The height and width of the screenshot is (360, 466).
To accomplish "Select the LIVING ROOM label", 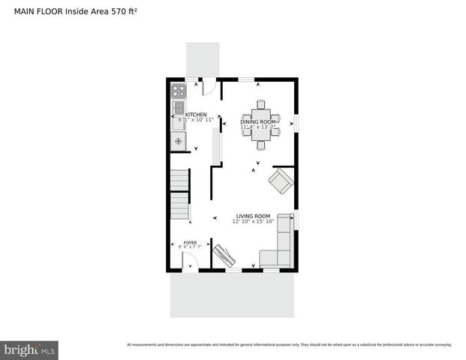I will pyautogui.click(x=252, y=216).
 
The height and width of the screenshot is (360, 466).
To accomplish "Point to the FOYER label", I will pyautogui.click(x=191, y=243).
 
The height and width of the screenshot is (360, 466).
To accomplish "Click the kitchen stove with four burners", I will pyautogui.click(x=179, y=91).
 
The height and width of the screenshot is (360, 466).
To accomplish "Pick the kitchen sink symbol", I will pyautogui.click(x=179, y=110).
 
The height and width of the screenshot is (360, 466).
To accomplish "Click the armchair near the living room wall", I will pyautogui.click(x=281, y=181).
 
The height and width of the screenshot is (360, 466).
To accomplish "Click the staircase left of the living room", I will pyautogui.click(x=179, y=195).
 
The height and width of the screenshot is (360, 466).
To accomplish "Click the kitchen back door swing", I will pyautogui.click(x=209, y=87).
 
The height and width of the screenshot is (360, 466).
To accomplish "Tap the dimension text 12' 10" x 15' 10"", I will pyautogui.click(x=252, y=221).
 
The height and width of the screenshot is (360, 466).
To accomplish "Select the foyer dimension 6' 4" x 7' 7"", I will pyautogui.click(x=191, y=247).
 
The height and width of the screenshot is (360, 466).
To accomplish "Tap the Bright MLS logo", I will pyautogui.click(x=29, y=349).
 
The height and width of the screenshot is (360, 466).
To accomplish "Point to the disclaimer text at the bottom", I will pyautogui.click(x=289, y=345).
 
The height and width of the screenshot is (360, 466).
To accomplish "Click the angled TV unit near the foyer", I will pyautogui.click(x=224, y=255).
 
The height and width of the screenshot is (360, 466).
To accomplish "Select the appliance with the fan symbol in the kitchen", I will pyautogui.click(x=179, y=141).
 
